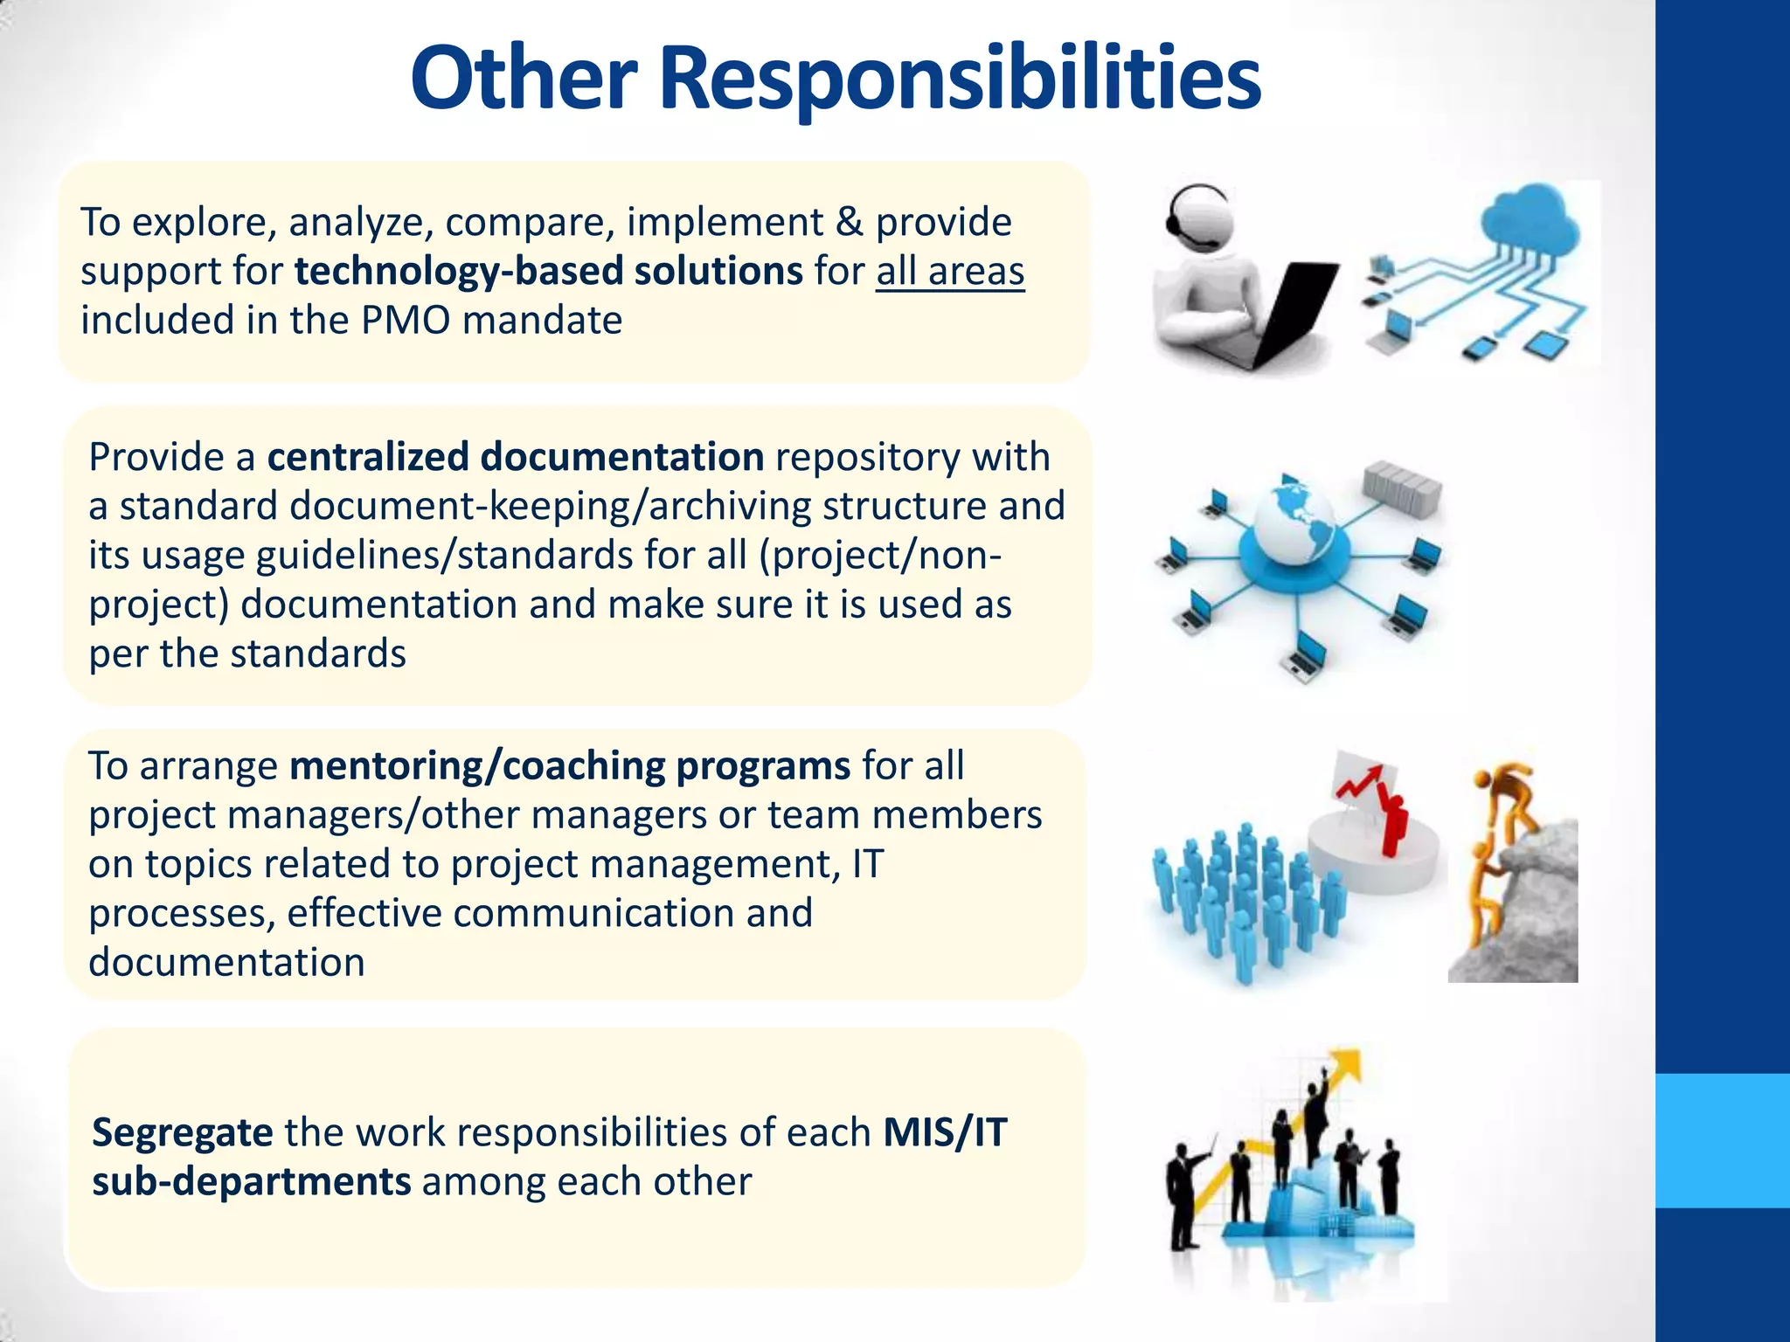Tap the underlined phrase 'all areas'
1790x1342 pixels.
click(x=950, y=271)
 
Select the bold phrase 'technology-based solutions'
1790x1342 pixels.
click(x=548, y=271)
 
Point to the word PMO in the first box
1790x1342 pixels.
click(x=407, y=320)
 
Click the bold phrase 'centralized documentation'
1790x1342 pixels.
click(x=516, y=457)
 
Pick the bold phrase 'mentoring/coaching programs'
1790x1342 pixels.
click(x=570, y=765)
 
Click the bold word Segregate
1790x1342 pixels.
click(x=183, y=1132)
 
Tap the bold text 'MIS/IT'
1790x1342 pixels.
click(x=945, y=1132)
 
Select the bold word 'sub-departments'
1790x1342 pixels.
click(x=252, y=1181)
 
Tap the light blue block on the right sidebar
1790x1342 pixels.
click(x=1723, y=1140)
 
